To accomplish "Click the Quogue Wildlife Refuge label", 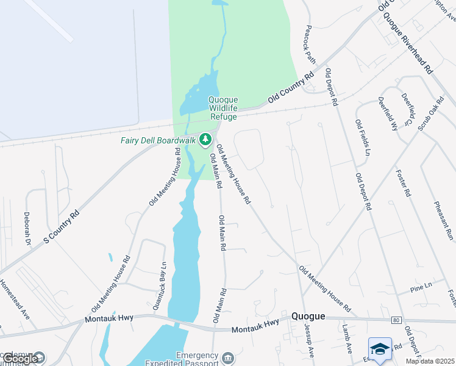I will point(223,108).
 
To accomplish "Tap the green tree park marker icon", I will point(206,140).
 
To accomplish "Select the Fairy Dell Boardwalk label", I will point(157,140).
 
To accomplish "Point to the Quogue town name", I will point(308,316).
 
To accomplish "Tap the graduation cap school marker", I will point(380,349).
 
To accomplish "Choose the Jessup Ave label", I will point(309,340).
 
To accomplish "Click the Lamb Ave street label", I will point(347,339).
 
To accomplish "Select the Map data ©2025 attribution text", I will point(430,361).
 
